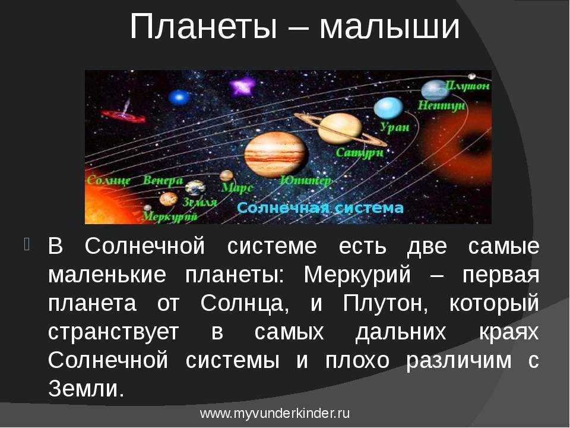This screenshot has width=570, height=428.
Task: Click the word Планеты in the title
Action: [x=203, y=27]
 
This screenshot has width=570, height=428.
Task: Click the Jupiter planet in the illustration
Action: [x=275, y=155]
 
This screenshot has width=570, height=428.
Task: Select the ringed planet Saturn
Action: [x=340, y=128]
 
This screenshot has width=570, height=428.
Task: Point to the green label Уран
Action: [x=394, y=127]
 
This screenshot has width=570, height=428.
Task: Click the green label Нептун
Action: [x=441, y=106]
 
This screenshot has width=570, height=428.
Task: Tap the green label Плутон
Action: [x=467, y=86]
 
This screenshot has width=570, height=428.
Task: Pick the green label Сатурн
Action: [x=360, y=152]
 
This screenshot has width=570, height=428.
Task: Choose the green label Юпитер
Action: [x=306, y=181]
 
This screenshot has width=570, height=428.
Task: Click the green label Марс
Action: [x=237, y=188]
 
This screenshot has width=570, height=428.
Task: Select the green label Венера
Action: [x=163, y=180]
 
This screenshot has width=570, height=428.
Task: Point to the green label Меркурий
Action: [x=169, y=216]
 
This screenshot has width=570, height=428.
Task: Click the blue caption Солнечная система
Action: [x=320, y=208]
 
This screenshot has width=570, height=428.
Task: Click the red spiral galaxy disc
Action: [x=123, y=116]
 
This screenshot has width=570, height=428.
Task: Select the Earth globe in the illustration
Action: [x=195, y=188]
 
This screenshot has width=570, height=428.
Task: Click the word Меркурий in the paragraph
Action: [x=357, y=275]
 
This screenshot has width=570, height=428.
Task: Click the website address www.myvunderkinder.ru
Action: [x=275, y=414]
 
